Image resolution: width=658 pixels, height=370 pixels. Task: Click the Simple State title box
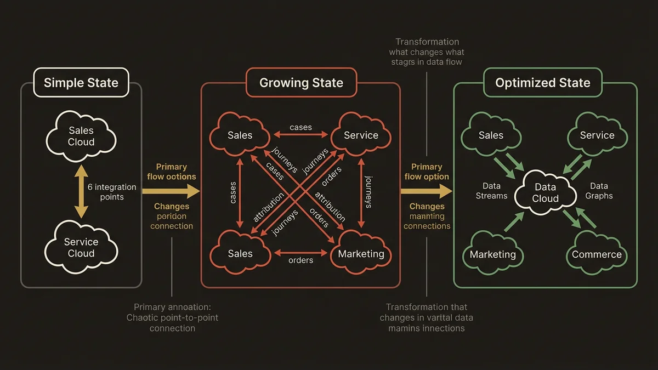[81, 83]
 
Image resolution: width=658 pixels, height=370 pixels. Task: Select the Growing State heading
[301, 83]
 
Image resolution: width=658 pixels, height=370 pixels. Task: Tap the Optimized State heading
[542, 83]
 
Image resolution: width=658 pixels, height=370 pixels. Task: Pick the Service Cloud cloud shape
[81, 247]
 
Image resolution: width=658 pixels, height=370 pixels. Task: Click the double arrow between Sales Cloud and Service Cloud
[81, 192]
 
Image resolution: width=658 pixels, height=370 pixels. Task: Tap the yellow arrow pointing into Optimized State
[427, 191]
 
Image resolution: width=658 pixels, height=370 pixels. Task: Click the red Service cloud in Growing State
[361, 135]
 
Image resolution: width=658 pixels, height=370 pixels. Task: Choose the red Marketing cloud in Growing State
[361, 253]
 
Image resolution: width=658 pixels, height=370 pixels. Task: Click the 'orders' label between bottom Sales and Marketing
[300, 260]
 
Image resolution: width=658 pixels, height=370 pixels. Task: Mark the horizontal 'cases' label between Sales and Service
[300, 127]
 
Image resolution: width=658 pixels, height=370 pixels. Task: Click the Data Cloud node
[545, 192]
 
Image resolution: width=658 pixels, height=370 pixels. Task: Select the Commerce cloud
[597, 254]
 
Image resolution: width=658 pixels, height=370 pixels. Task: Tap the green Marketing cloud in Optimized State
[492, 254]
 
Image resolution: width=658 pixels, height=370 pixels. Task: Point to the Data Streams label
[491, 191]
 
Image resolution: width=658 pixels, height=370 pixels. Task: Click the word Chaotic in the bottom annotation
[144, 318]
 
